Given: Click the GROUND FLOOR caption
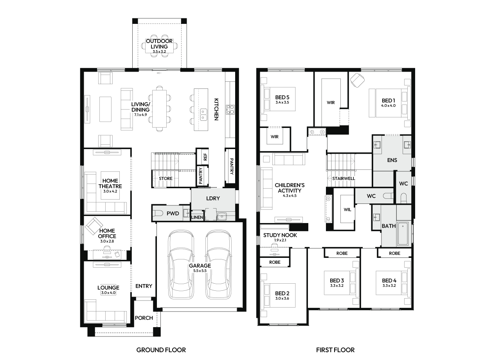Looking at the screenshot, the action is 161,350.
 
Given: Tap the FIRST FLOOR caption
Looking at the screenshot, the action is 335,350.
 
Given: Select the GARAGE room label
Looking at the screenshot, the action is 200,266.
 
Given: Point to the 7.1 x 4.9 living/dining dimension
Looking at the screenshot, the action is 140,115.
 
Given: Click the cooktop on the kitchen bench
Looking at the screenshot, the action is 230,110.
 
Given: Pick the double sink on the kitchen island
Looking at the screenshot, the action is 203,115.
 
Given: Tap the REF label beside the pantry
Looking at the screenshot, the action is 205,157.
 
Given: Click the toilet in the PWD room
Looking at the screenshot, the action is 158,213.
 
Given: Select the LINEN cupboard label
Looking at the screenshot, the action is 197,217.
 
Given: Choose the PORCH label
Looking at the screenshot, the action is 144,318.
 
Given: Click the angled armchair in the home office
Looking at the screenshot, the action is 94,226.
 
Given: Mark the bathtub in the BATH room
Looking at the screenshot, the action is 403,234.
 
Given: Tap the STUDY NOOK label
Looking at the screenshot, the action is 280,235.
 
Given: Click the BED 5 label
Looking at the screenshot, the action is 282,97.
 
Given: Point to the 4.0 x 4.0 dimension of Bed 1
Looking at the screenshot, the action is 388,106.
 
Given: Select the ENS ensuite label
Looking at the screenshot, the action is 392,160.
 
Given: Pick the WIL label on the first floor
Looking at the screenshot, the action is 347,210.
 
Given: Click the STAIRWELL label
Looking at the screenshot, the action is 344,178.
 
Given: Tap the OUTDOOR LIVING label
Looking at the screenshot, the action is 159,44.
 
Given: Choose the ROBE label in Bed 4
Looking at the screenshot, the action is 394,253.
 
